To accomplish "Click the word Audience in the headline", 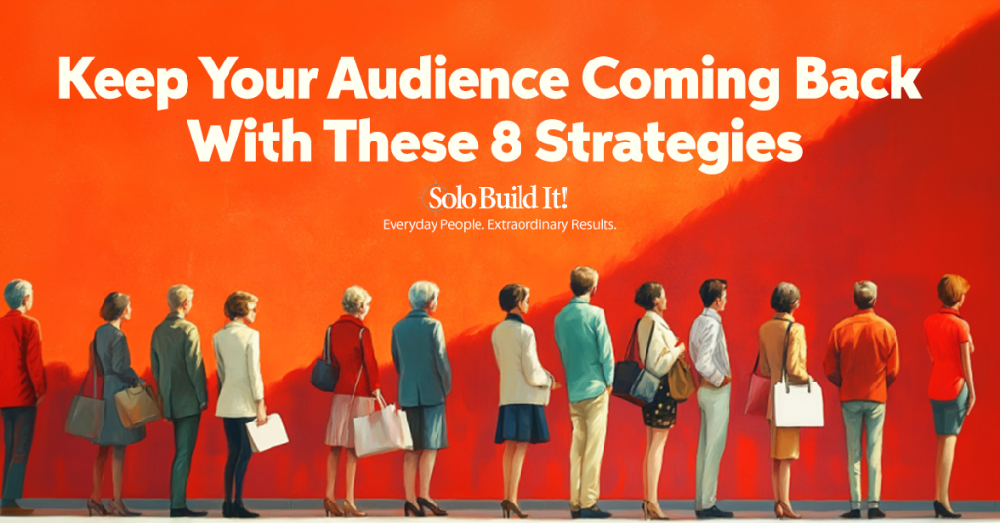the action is (x=447, y=79).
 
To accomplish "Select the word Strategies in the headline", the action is (x=668, y=144).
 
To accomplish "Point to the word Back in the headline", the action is (x=856, y=78).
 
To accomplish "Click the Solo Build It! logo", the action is (x=493, y=198).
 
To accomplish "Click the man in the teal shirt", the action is (x=584, y=391).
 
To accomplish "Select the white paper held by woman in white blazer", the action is (x=268, y=432).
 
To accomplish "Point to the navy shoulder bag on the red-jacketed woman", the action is (x=324, y=374).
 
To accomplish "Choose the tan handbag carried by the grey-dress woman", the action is (x=136, y=406).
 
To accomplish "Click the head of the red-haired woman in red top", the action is (x=952, y=291).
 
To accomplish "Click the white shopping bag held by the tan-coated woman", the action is (x=798, y=403).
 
